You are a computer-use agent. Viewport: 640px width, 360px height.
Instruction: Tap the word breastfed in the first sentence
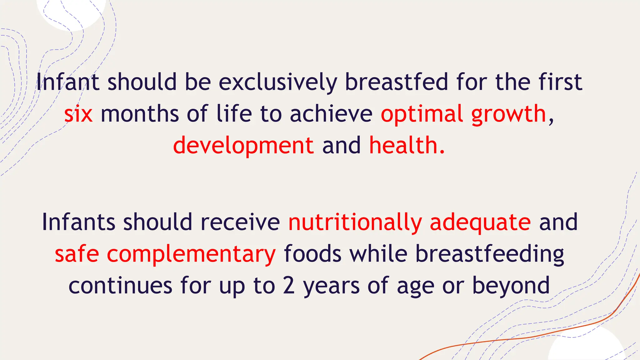(x=396, y=82)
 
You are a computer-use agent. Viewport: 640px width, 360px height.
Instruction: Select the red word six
(x=78, y=114)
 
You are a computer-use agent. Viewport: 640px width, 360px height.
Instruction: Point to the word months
(x=140, y=114)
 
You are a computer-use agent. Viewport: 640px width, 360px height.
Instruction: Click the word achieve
(x=331, y=114)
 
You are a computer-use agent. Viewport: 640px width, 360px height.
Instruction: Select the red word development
(x=243, y=146)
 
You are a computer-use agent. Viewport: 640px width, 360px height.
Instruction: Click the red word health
(x=407, y=145)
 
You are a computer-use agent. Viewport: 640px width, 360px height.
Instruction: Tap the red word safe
(x=77, y=254)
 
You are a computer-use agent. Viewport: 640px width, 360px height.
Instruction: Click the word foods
(x=312, y=254)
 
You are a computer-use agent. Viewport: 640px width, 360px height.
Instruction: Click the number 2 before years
(x=289, y=285)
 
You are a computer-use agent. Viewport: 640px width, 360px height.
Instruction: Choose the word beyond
(x=511, y=286)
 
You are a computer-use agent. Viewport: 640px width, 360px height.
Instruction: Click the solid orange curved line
(x=531, y=337)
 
